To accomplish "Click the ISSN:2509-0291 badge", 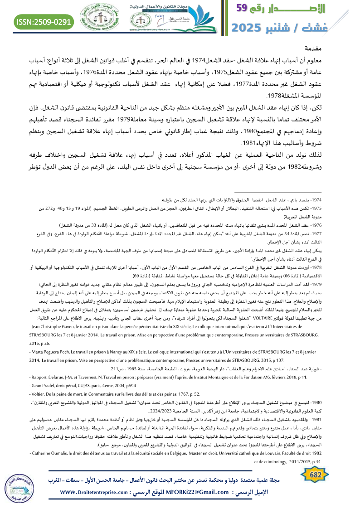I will click(44, 21).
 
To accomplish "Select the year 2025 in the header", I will click(253, 27).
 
